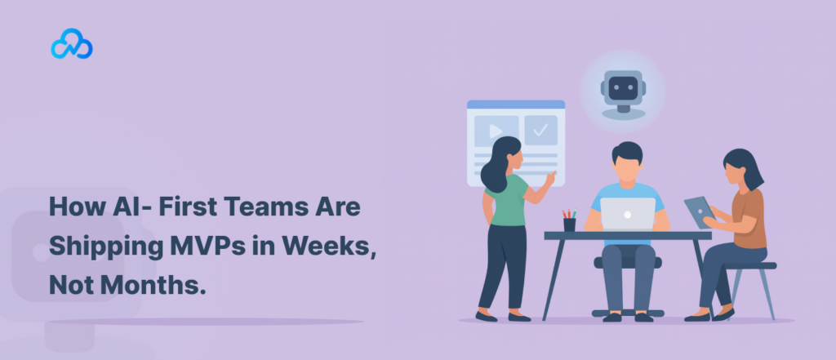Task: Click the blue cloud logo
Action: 72,44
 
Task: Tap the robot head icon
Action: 623,91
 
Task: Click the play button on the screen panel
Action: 496,131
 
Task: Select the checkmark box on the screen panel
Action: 540,130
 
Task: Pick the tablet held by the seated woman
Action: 700,211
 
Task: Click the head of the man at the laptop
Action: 627,162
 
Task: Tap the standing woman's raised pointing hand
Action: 549,179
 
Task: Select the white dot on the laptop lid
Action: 628,215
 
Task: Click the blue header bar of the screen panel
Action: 516,104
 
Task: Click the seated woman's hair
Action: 745,166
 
